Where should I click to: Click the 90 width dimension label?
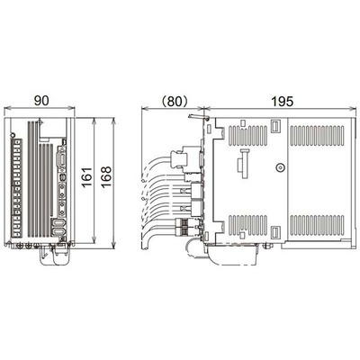point(41,101)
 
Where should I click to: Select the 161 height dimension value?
point(87,177)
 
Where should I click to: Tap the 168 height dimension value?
point(106,177)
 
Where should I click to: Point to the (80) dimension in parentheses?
point(175,102)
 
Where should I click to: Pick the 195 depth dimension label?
point(282,102)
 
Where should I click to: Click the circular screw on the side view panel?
point(280,167)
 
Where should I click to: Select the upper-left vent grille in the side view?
point(247,136)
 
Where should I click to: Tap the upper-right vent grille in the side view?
point(318,136)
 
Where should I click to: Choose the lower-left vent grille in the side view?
point(247,226)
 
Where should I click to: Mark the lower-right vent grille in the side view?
point(318,226)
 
